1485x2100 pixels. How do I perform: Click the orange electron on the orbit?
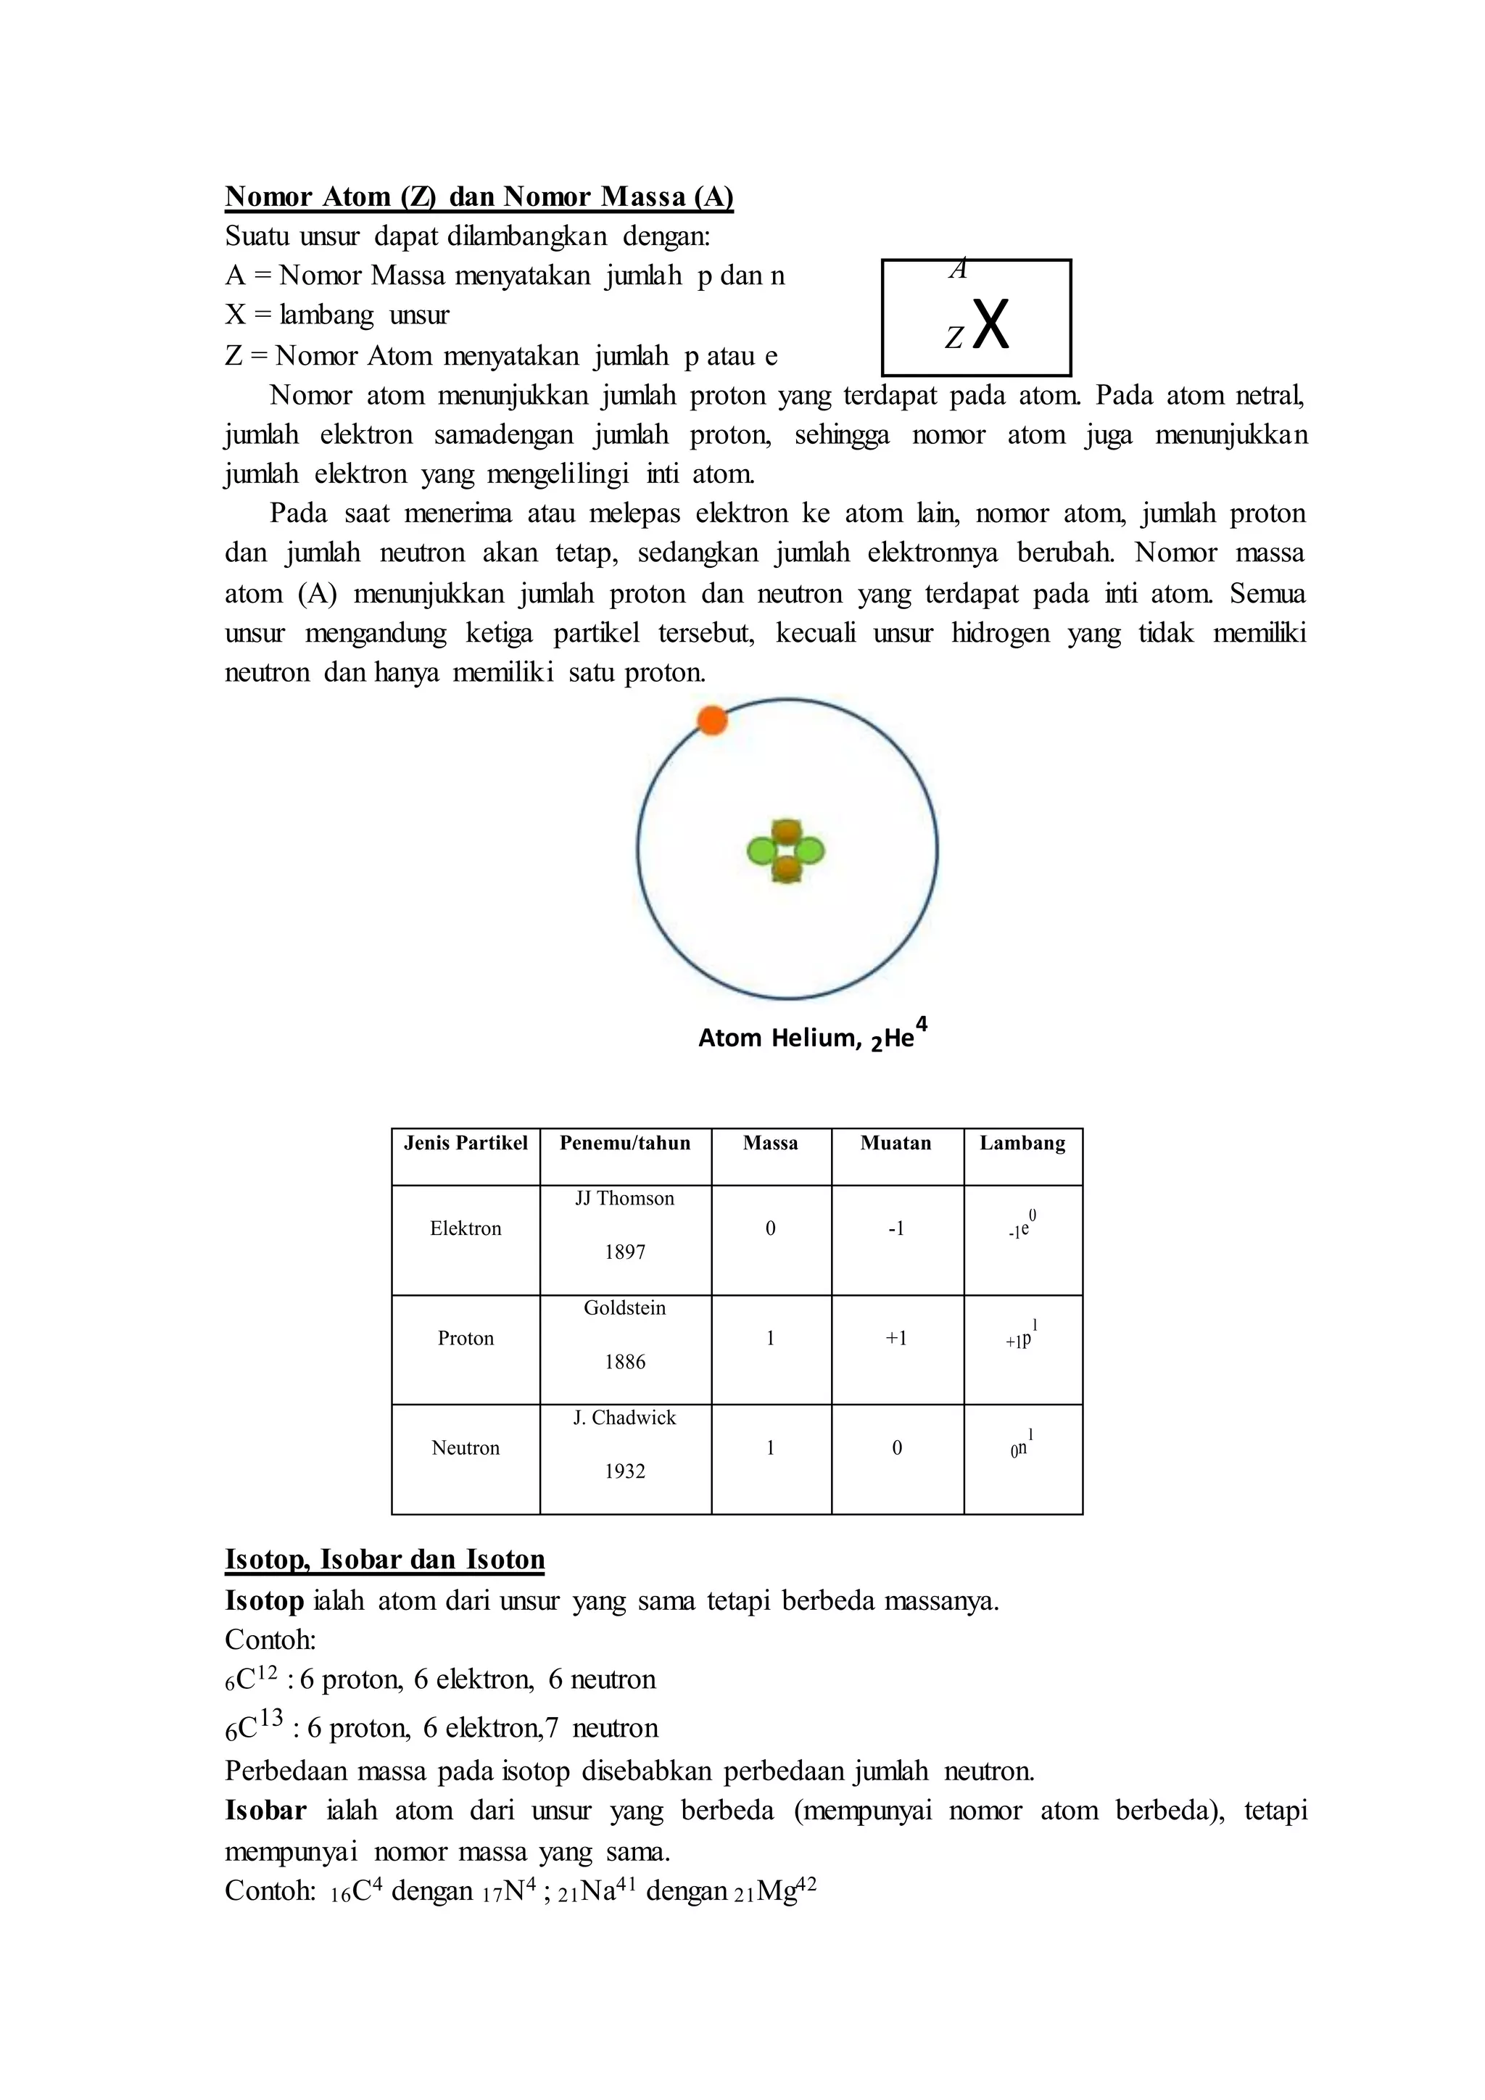(x=711, y=721)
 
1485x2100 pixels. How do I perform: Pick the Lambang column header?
(x=1022, y=1144)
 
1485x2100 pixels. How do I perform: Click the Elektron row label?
(x=466, y=1228)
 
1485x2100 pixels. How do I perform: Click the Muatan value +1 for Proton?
(x=896, y=1338)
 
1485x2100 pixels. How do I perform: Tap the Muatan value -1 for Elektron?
(x=896, y=1228)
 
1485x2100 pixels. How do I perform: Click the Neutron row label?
(x=466, y=1448)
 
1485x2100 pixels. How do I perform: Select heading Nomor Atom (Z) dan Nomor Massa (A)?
(x=479, y=197)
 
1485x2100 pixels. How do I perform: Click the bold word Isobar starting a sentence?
(x=265, y=1811)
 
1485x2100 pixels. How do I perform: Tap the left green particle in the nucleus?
(x=761, y=851)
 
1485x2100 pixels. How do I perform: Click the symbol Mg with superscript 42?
(x=785, y=1891)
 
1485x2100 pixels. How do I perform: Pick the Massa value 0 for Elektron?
(x=770, y=1228)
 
